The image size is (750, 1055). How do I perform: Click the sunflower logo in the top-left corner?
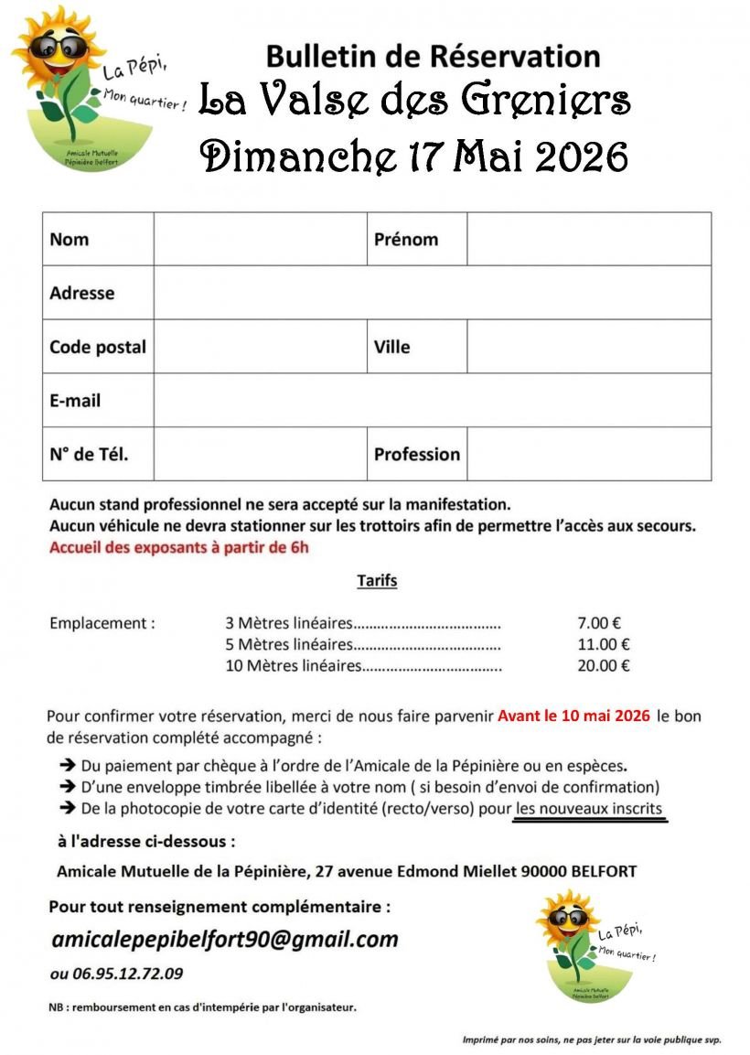click(87, 87)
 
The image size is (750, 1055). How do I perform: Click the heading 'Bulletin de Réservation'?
click(433, 57)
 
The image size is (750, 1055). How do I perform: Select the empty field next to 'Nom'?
click(260, 240)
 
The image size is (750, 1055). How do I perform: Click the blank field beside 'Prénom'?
click(588, 240)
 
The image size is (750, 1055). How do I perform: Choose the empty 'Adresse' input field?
click(432, 293)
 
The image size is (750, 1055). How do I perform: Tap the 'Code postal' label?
click(98, 347)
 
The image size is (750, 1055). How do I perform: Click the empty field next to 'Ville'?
click(588, 347)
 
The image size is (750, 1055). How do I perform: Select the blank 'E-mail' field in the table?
click(432, 400)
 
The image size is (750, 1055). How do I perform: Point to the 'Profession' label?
click(417, 454)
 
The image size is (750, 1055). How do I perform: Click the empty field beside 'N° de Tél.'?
click(260, 454)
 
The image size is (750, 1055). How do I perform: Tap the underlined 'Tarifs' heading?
click(377, 581)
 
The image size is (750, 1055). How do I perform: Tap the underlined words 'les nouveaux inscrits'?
click(589, 809)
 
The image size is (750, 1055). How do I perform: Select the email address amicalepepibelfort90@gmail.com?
click(225, 940)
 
